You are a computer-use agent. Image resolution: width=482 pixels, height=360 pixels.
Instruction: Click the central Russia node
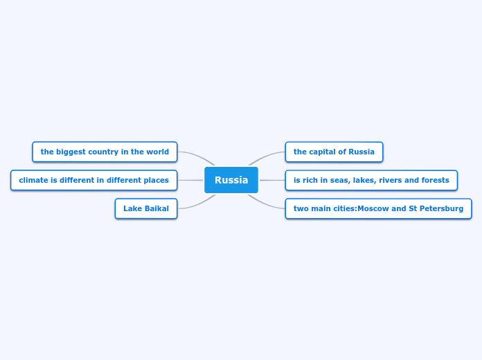pos(231,180)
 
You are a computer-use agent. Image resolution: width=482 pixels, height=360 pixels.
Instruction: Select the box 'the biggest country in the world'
pos(105,152)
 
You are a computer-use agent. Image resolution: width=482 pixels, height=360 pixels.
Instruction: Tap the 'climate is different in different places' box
pos(93,180)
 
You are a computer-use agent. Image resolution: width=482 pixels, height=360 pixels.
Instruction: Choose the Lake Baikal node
pos(146,208)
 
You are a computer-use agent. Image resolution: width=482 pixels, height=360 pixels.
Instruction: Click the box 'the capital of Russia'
pos(334,152)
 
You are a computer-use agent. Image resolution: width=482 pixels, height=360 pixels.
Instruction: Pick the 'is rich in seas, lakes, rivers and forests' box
pos(371,180)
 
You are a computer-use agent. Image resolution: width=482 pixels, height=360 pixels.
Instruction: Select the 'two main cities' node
pos(378,208)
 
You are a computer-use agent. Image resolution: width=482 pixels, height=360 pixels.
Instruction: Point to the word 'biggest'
pos(71,152)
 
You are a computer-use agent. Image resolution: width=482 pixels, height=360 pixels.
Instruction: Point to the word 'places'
pos(156,180)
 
